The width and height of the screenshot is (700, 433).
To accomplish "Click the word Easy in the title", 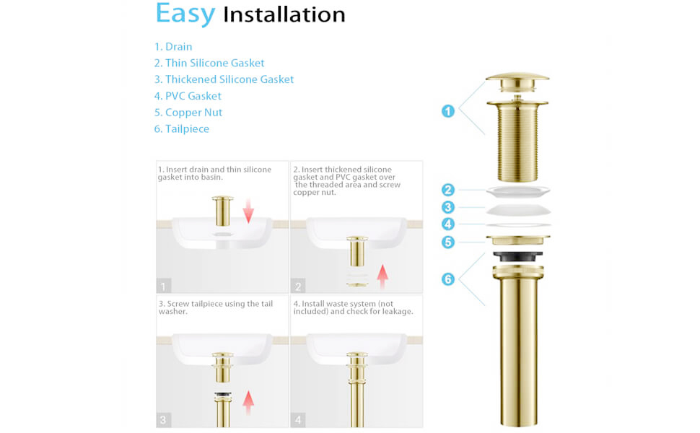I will pyautogui.click(x=185, y=14).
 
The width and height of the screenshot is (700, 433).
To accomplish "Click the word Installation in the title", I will pyautogui.click(x=284, y=15).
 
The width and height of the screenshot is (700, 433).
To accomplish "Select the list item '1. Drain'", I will pyautogui.click(x=173, y=47).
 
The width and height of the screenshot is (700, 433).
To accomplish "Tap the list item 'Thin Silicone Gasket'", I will pyautogui.click(x=209, y=64).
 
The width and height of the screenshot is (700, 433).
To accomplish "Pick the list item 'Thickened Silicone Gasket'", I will pyautogui.click(x=224, y=80).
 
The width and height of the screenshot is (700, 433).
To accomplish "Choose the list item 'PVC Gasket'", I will pyautogui.click(x=188, y=97).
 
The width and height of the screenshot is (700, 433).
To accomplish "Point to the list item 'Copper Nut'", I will pyautogui.click(x=188, y=113).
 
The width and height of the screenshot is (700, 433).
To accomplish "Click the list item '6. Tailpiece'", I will pyautogui.click(x=182, y=130).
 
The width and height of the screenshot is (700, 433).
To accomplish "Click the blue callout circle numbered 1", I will pyautogui.click(x=448, y=111).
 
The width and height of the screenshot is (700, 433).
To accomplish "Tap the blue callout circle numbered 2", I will pyautogui.click(x=448, y=191).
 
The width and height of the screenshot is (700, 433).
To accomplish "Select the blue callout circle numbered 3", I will pyautogui.click(x=448, y=208).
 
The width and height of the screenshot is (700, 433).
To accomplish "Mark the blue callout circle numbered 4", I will pyautogui.click(x=448, y=224).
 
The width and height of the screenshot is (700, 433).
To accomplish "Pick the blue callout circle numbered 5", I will pyautogui.click(x=448, y=242).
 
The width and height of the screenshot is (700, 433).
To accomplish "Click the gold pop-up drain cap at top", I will pyautogui.click(x=518, y=79).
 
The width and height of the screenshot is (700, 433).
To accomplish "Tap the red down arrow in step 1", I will pyautogui.click(x=248, y=211).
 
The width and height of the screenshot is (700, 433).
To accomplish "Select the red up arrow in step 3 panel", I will pyautogui.click(x=248, y=402).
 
